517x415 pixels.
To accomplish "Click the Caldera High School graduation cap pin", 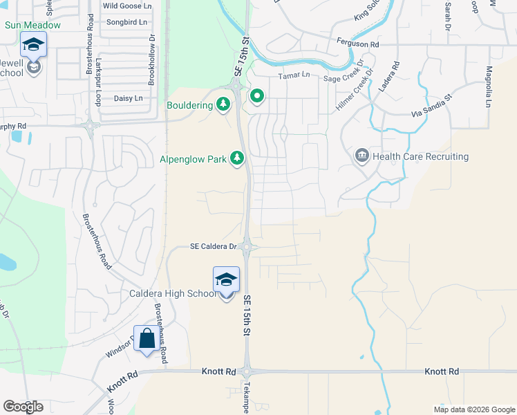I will (226, 280).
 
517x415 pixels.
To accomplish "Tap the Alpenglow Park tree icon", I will (237, 159).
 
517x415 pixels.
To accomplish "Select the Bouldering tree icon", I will (223, 105).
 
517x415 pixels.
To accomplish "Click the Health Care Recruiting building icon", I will (361, 156).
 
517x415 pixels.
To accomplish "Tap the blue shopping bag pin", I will (147, 339).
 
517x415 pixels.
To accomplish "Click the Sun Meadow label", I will (32, 25).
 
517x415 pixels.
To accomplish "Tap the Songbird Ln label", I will (127, 22).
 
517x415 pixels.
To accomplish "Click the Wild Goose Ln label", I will (126, 6).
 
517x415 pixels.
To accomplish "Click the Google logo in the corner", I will (23, 407).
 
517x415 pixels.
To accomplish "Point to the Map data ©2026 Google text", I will (473, 409).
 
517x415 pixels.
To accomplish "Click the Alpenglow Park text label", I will (194, 160).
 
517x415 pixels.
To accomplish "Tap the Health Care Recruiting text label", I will (420, 157).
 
